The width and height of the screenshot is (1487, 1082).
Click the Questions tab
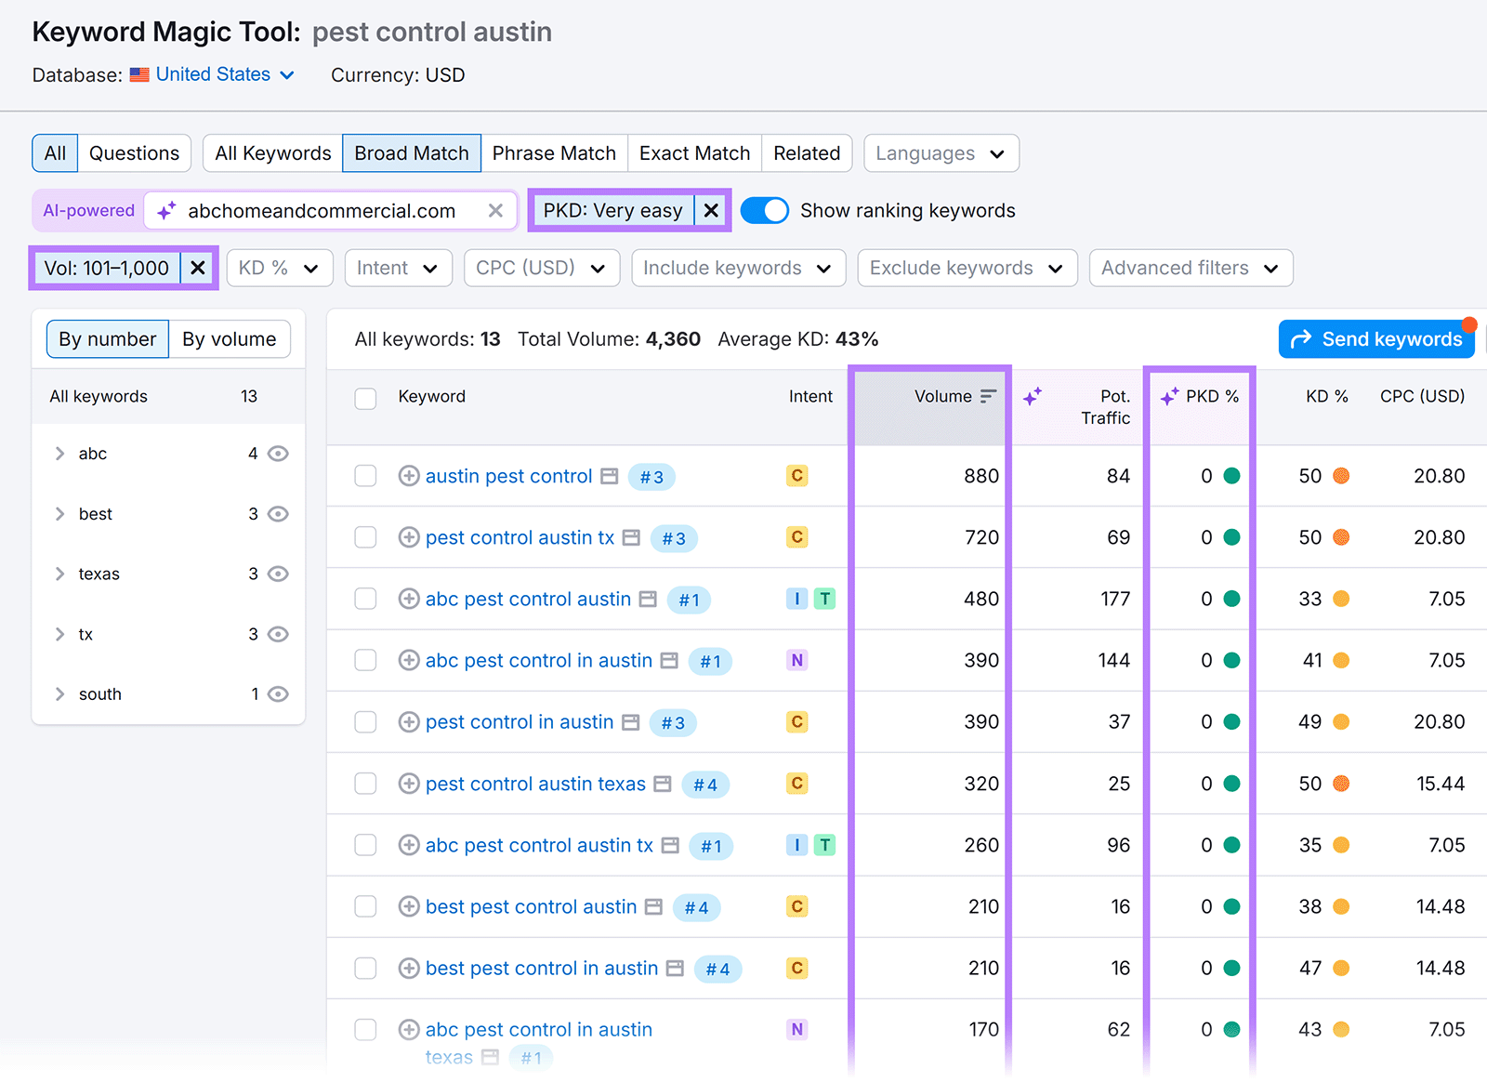click(x=134, y=153)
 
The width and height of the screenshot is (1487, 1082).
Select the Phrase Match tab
click(x=554, y=153)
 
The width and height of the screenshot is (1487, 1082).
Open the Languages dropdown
click(x=941, y=153)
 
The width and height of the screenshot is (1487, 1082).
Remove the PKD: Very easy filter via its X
click(x=711, y=211)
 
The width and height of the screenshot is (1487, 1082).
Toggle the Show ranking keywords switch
click(x=765, y=211)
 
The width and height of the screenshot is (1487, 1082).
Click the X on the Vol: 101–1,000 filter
click(x=198, y=269)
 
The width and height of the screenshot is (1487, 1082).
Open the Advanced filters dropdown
click(x=1190, y=269)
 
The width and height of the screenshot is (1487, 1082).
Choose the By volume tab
click(x=229, y=339)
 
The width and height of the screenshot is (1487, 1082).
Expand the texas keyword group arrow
click(x=60, y=574)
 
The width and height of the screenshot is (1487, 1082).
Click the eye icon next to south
click(x=278, y=694)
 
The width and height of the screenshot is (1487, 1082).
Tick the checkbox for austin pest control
click(x=366, y=477)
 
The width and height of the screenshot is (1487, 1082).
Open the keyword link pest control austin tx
click(x=520, y=537)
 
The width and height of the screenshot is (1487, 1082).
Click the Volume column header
click(x=943, y=397)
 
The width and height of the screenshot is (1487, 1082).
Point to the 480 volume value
click(x=980, y=600)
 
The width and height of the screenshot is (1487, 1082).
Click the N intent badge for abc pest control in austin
click(x=796, y=661)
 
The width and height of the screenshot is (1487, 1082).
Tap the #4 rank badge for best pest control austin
click(x=696, y=907)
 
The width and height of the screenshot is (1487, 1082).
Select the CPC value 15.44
click(x=1440, y=784)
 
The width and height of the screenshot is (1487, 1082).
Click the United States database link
click(x=213, y=74)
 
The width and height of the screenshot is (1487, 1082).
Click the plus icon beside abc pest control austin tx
click(x=409, y=845)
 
